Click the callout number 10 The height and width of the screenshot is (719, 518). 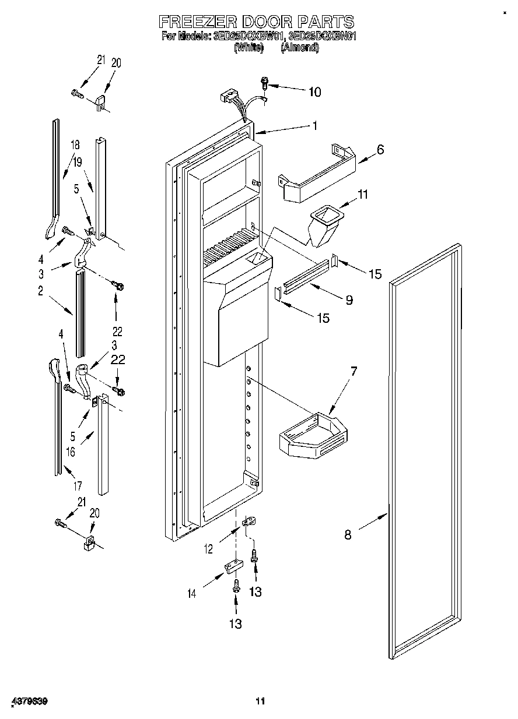click(314, 91)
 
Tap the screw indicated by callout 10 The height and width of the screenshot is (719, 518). click(265, 84)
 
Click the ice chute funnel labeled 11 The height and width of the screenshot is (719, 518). click(325, 224)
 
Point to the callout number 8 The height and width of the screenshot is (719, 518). click(348, 534)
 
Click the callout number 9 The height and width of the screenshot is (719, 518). click(349, 300)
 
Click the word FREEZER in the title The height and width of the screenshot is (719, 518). click(196, 22)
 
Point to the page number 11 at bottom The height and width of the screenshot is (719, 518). click(260, 701)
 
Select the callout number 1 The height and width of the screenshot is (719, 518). click(314, 125)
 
